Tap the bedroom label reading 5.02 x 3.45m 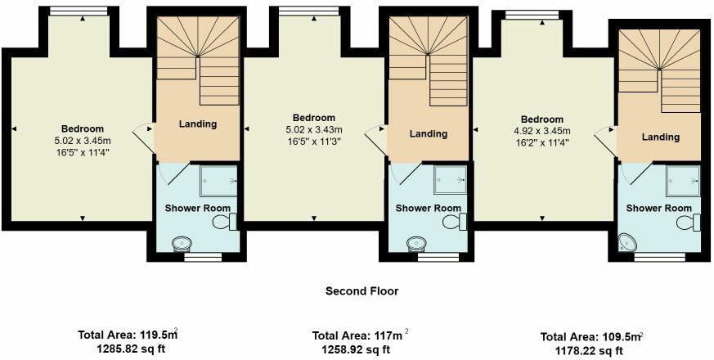pos(83,140)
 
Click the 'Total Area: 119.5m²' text pos(127,335)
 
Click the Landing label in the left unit pos(197,124)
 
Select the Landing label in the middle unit pos(429,133)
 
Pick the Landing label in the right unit pos(660,137)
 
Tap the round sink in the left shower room pos(183,243)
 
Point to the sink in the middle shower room pos(416,243)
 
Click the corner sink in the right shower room pos(629,241)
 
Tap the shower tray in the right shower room pos(683,179)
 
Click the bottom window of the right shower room pos(660,257)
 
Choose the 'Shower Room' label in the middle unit pos(429,208)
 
